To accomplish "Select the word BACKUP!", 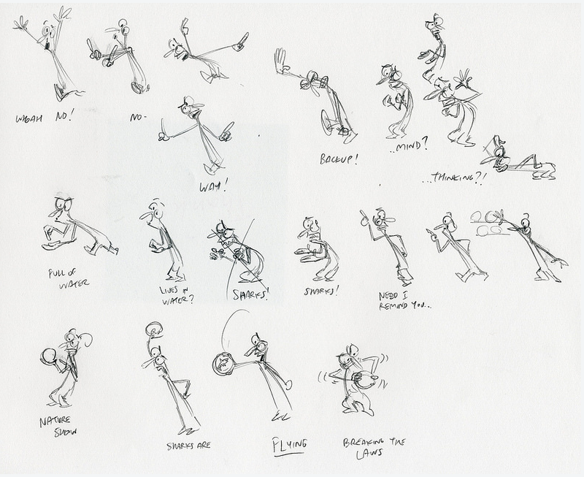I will [338, 159].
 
